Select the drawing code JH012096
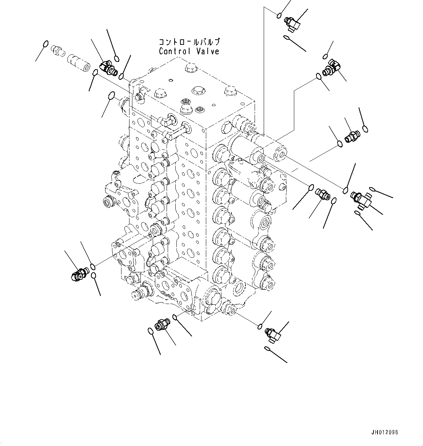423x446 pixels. tap(384, 433)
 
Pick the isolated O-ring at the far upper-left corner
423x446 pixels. tap(45, 44)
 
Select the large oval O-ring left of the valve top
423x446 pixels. tap(112, 96)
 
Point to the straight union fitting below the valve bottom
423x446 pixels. tap(161, 324)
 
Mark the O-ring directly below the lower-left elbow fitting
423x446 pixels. tap(94, 276)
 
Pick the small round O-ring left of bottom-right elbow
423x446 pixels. tap(260, 326)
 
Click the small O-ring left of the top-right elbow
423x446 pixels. tap(279, 15)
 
